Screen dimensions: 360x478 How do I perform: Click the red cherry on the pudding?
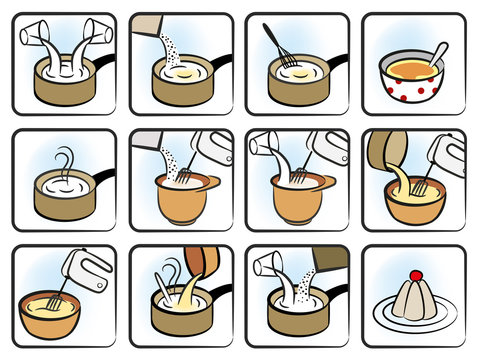[x=415, y=275]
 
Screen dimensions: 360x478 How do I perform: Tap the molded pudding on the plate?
[x=414, y=299]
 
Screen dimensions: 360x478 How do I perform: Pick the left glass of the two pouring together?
[x=37, y=34]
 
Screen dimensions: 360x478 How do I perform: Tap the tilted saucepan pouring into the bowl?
[x=385, y=152]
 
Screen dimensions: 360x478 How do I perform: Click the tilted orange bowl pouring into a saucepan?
[x=204, y=263]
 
